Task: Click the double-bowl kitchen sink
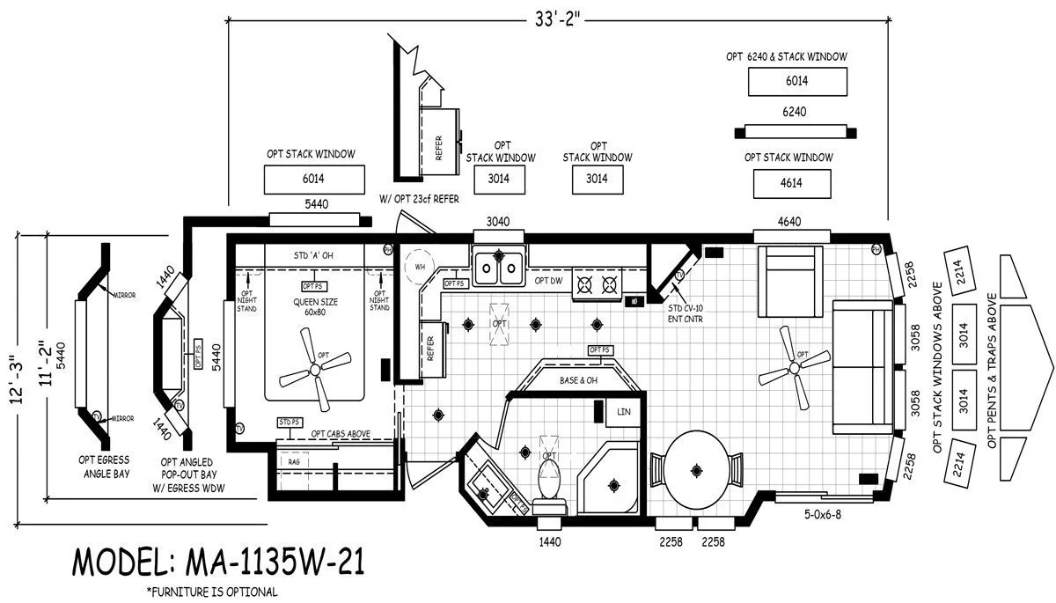point(498,266)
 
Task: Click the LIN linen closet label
point(624,411)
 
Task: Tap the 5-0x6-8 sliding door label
point(823,512)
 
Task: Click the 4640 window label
point(789,221)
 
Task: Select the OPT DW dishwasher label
point(548,281)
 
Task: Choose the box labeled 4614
point(790,184)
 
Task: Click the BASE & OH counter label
point(578,381)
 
